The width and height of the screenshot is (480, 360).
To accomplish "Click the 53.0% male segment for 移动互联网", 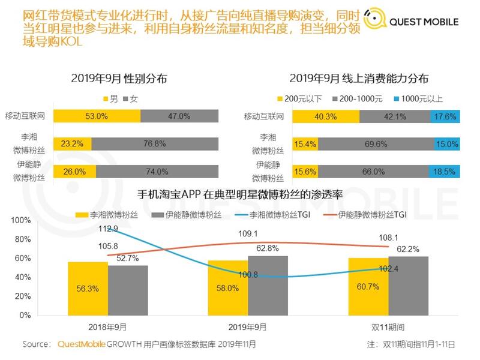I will tap(96, 116).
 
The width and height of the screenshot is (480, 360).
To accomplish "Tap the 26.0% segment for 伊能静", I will tap(74, 172).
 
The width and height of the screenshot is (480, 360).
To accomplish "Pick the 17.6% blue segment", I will tap(445, 116).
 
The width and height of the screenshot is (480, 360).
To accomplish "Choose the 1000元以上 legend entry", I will tap(420, 98).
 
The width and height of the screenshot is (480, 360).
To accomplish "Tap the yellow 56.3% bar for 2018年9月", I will tap(88, 288).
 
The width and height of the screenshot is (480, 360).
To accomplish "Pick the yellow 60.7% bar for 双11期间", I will tap(368, 286).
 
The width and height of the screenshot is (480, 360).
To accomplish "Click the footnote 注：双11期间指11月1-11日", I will tap(410, 344).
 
